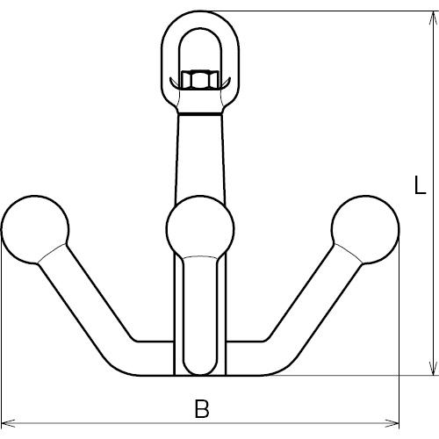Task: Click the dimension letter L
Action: point(421,185)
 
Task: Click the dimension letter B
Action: point(202,408)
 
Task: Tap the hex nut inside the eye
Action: point(200,79)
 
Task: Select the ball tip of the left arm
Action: point(35,229)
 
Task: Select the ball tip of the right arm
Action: point(365,229)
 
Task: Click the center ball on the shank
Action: point(200,228)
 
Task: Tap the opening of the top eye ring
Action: point(200,50)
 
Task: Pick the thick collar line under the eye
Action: point(200,113)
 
